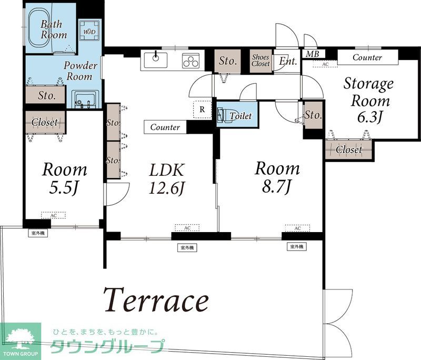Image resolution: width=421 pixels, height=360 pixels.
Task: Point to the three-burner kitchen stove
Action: click(x=191, y=60)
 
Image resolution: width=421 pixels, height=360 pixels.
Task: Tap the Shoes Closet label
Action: click(x=260, y=60)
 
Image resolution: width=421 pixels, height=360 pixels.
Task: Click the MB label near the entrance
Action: click(x=313, y=54)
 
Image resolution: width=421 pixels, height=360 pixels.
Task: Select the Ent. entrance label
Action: click(x=288, y=61)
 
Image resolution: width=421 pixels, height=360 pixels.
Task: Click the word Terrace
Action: click(x=156, y=301)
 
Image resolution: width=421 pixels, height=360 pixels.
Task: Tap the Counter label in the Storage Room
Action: click(x=367, y=57)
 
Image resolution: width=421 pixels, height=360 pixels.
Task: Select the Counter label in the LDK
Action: click(x=165, y=127)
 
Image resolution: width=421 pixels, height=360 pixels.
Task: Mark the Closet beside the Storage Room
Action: click(x=349, y=149)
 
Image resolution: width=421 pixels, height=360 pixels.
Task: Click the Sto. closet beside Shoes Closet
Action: click(x=227, y=61)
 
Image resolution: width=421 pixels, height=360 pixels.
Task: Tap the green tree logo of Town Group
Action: click(x=20, y=338)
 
